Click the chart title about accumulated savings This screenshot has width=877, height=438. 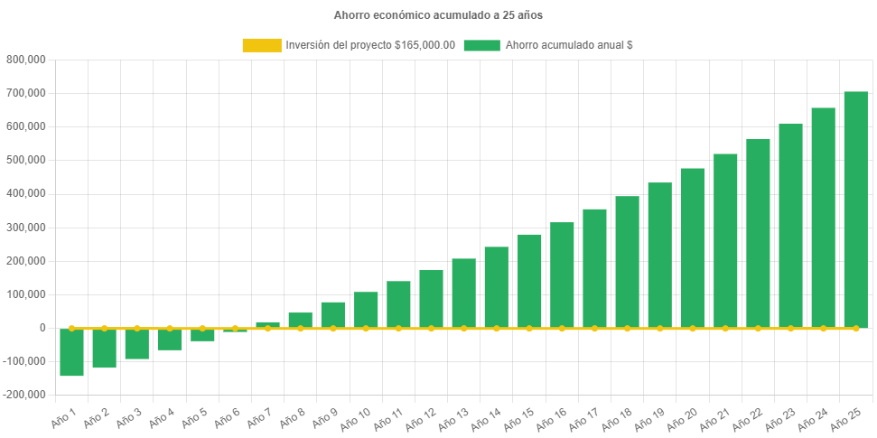438,15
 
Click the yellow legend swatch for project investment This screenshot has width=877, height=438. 261,45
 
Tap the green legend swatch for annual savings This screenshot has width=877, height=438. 481,45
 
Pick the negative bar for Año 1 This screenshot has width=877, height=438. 71,352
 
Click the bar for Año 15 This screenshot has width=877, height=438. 529,281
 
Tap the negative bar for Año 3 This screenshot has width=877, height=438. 137,344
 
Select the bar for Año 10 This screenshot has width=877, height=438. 366,310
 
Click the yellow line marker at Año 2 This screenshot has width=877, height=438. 104,328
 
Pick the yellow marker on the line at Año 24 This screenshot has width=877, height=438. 823,328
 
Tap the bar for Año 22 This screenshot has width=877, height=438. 758,233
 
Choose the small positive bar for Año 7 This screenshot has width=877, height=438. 267,324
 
